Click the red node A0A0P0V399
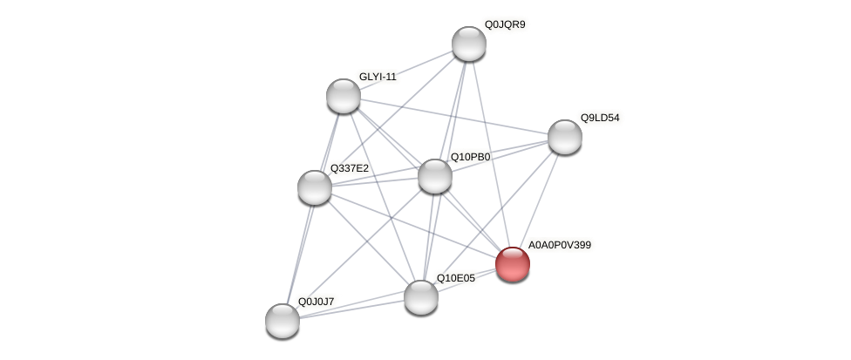pos(513,264)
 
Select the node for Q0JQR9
pos(469,44)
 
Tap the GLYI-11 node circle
pos(344,96)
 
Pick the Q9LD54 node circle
pos(565,137)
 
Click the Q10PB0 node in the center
pos(435,176)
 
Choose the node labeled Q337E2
pos(315,187)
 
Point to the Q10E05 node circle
pos(421,297)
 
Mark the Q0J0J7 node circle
pos(283,321)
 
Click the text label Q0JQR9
pos(505,24)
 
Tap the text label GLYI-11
pos(378,77)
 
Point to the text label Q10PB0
pos(470,157)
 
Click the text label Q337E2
pos(349,168)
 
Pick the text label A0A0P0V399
pos(560,245)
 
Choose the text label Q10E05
pos(456,278)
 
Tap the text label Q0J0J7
pos(316,302)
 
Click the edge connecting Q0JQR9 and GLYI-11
pos(406,70)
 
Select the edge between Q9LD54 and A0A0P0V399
pos(539,200)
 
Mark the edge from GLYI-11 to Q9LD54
pos(454,116)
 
